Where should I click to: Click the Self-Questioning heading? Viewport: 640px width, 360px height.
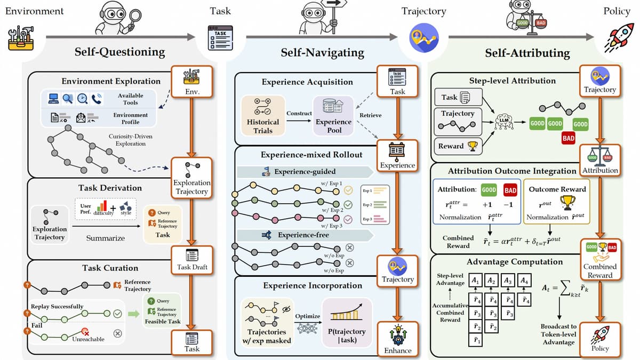click(119, 52)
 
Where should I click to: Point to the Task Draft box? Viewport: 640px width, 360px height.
click(192, 260)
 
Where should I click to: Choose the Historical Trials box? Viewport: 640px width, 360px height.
click(263, 115)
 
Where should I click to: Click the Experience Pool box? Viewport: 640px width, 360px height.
click(333, 115)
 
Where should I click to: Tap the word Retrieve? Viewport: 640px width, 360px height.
click(371, 115)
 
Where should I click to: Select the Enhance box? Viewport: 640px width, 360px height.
click(398, 339)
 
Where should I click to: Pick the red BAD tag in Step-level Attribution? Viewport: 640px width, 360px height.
click(569, 138)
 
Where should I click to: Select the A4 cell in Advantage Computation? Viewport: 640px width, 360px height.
click(525, 281)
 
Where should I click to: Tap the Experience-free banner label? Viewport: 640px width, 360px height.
click(303, 235)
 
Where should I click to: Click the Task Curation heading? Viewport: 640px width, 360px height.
click(110, 268)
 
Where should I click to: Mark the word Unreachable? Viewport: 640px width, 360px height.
click(88, 339)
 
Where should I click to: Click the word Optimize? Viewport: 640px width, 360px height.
click(308, 316)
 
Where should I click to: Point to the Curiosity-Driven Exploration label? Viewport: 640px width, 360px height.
click(127, 140)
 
